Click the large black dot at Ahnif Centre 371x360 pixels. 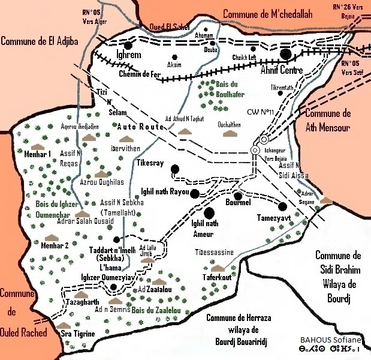pyautogui.click(x=286, y=55)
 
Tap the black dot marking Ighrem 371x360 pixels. pyautogui.click(x=128, y=44)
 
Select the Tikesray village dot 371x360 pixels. pyautogui.click(x=174, y=169)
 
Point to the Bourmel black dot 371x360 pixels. pyautogui.click(x=238, y=196)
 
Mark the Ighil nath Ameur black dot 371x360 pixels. pyautogui.click(x=209, y=212)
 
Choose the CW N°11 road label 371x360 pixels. pyautogui.click(x=260, y=112)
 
